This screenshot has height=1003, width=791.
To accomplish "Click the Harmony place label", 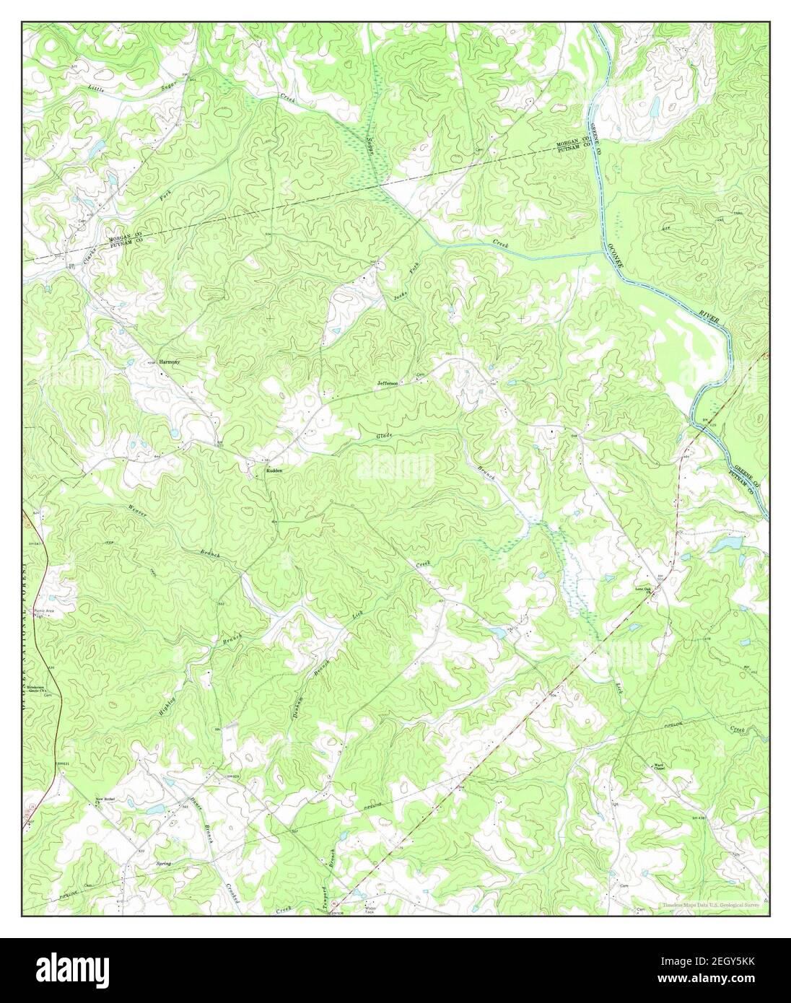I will tap(170, 361).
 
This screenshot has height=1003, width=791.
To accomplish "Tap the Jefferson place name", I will tap(388, 383).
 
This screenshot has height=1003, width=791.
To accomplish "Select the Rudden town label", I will tap(274, 470).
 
